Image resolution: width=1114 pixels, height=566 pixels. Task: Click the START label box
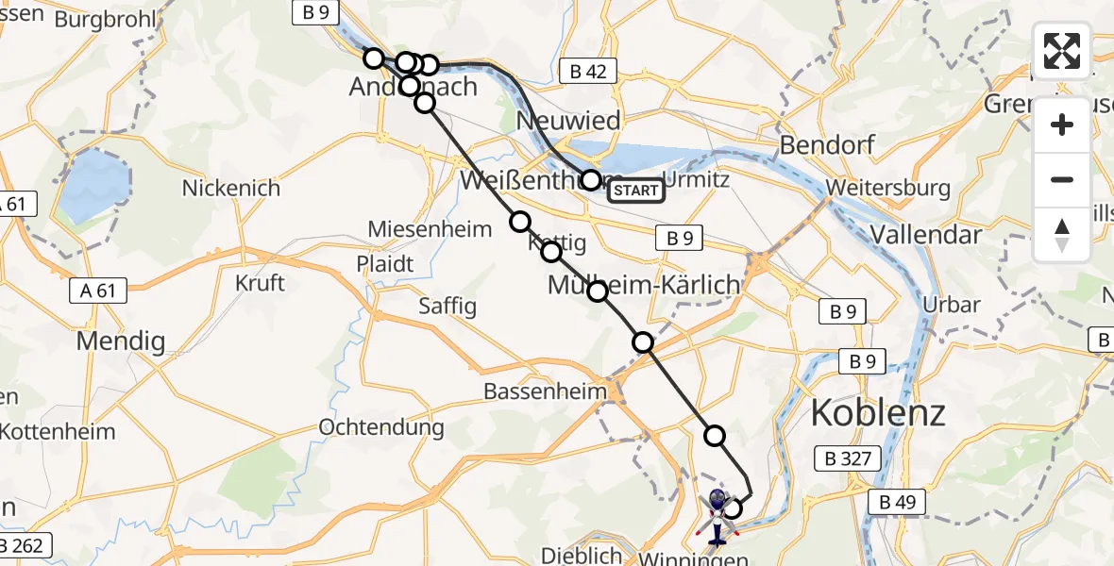[635, 191]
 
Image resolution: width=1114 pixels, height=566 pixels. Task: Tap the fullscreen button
[1062, 51]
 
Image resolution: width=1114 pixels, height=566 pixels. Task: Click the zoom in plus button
[1062, 125]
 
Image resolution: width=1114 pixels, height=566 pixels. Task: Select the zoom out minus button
[1062, 179]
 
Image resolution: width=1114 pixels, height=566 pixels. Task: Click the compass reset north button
[1062, 234]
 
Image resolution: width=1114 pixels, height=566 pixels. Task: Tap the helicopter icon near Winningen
[716, 516]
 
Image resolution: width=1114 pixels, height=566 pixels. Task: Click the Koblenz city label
[879, 413]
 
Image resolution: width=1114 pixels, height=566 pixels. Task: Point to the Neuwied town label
[569, 121]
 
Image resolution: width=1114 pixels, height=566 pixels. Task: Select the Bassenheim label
[543, 391]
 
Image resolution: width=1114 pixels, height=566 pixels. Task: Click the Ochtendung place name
[381, 426]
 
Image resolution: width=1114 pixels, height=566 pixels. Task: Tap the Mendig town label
[121, 341]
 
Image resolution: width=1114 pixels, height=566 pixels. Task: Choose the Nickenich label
[231, 188]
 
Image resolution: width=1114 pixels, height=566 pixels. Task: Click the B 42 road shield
[587, 70]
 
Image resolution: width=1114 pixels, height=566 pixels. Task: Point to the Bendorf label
[827, 145]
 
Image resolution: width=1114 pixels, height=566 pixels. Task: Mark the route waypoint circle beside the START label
[591, 180]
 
